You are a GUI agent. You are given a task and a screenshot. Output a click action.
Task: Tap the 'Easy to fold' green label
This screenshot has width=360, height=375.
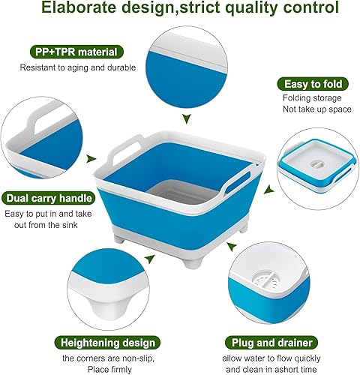307,83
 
